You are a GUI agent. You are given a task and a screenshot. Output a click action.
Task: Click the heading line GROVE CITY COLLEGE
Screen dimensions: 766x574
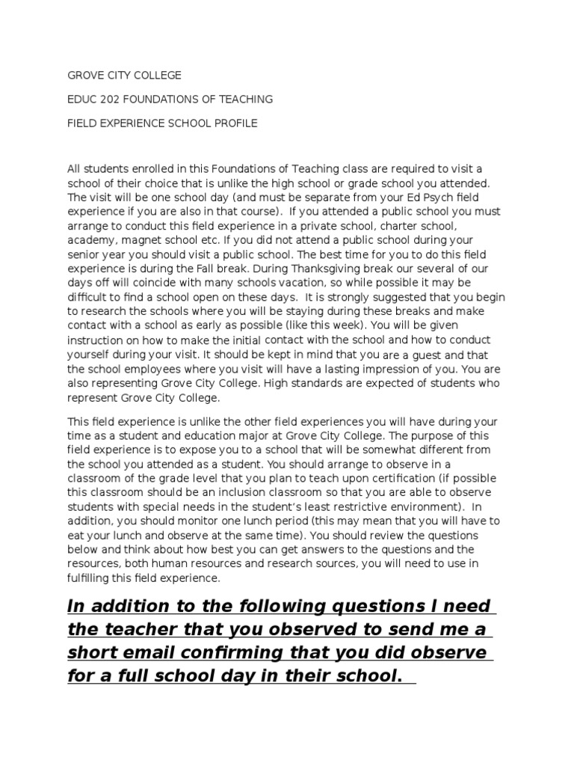[x=124, y=76]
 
